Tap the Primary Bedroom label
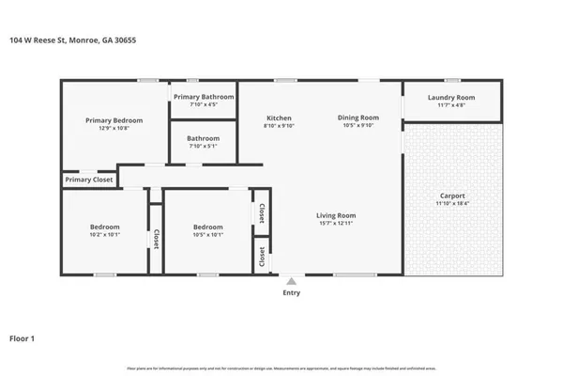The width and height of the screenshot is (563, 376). [114, 120]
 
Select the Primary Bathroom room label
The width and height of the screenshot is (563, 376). [203, 96]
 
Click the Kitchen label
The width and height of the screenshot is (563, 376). [279, 117]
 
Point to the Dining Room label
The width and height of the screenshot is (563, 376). [358, 117]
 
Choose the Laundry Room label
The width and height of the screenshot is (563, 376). [451, 97]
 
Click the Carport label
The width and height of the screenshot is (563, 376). [451, 196]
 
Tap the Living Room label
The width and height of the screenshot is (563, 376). [335, 215]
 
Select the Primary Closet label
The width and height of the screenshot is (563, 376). [90, 179]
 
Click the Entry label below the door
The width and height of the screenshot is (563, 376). [293, 292]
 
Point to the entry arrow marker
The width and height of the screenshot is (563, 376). [293, 279]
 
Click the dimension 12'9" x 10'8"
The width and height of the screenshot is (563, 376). [114, 130]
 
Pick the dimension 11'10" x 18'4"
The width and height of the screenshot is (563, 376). [451, 204]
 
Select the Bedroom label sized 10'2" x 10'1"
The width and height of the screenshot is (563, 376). [104, 227]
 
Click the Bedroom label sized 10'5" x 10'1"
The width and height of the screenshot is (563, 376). [207, 227]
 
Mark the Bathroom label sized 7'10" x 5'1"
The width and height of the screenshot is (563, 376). [203, 137]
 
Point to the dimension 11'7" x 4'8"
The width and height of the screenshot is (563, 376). [451, 106]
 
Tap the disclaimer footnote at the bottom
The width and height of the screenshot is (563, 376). [281, 368]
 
